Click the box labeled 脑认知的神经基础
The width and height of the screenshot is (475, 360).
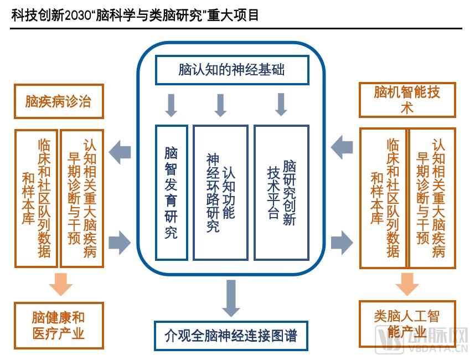[231, 70]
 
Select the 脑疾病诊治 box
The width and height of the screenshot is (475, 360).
[59, 102]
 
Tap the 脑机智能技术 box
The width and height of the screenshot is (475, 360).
[407, 100]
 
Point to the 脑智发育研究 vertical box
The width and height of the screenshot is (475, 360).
[172, 192]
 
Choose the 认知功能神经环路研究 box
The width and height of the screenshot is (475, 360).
[220, 192]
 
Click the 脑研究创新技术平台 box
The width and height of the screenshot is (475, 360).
[281, 192]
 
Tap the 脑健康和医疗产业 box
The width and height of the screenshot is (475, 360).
[59, 325]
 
